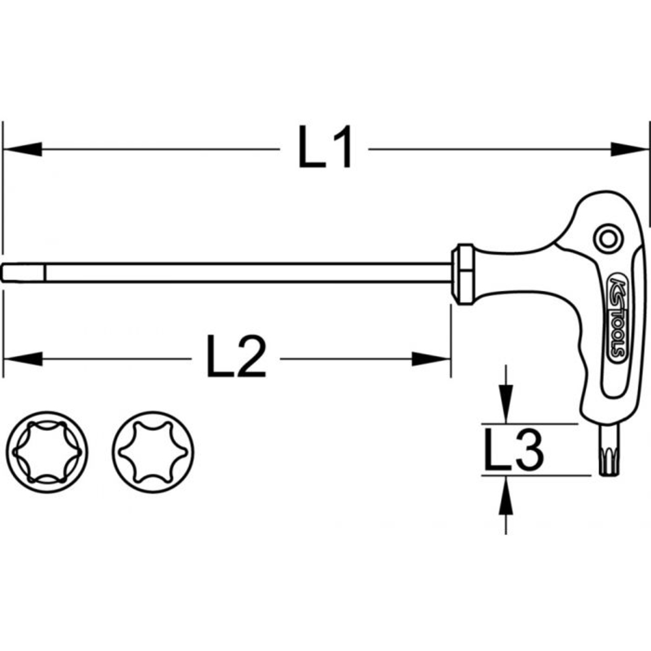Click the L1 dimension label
tap(325, 148)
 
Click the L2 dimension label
tap(236, 357)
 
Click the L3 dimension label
tap(513, 450)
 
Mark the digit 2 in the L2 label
tap(251, 357)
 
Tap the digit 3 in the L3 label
tap(527, 450)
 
